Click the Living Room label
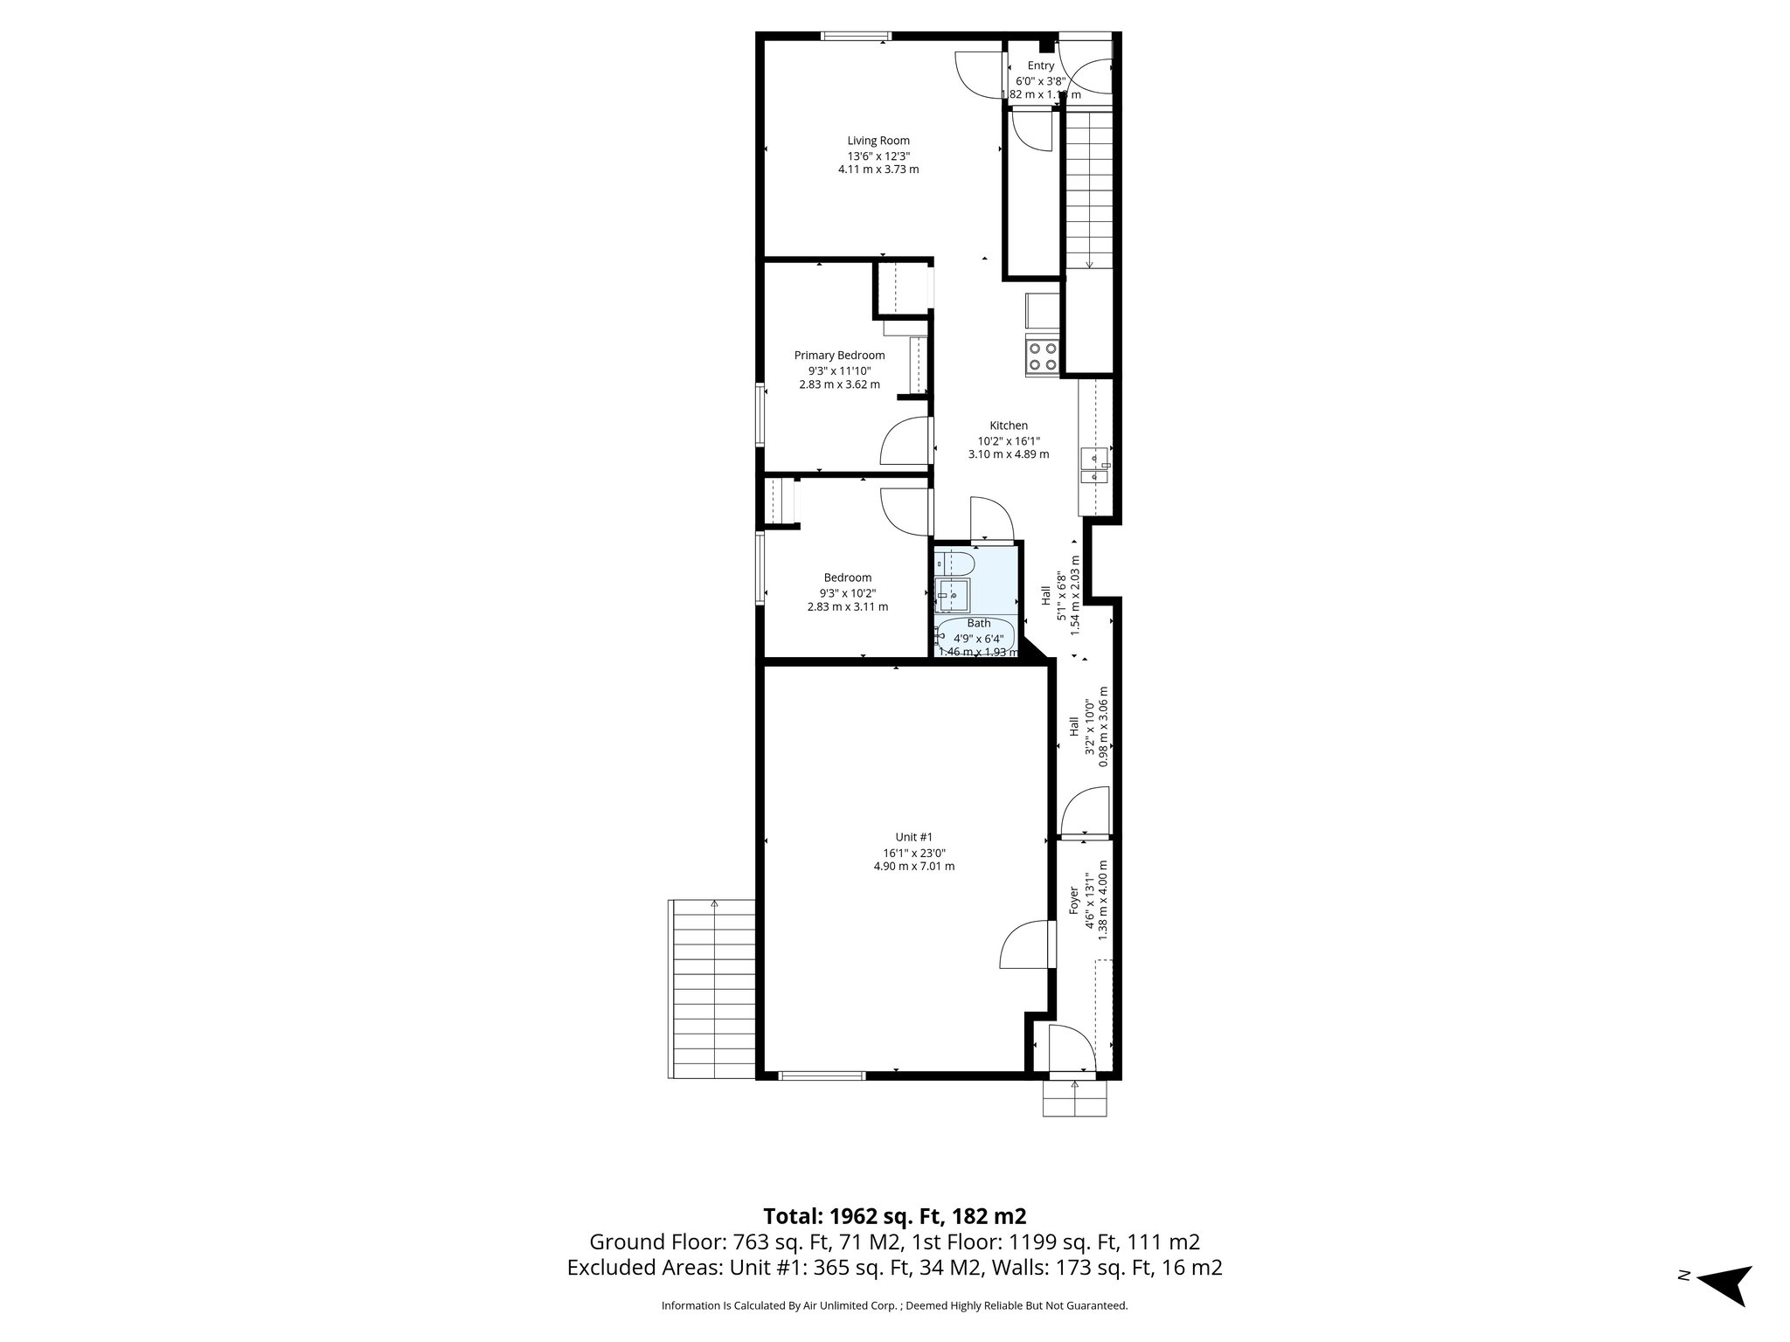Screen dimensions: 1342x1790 click(x=878, y=141)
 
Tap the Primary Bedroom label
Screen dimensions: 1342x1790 click(x=839, y=356)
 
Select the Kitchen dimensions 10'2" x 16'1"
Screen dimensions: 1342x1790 click(x=1008, y=440)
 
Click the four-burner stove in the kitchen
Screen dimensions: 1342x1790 click(x=1042, y=356)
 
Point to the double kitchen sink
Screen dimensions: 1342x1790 click(x=1095, y=466)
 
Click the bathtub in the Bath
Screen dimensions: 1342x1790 click(x=975, y=637)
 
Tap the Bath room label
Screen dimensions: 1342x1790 click(x=978, y=623)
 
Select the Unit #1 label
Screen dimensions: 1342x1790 click(x=913, y=837)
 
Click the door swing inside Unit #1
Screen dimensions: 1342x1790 click(x=1024, y=945)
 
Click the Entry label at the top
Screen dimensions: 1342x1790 click(x=1040, y=66)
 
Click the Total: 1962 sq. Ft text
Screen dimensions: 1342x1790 click(x=894, y=1216)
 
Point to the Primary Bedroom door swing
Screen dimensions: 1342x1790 click(x=903, y=441)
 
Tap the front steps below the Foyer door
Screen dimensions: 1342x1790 click(x=1074, y=1099)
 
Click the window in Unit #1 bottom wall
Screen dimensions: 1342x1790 click(x=821, y=1076)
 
